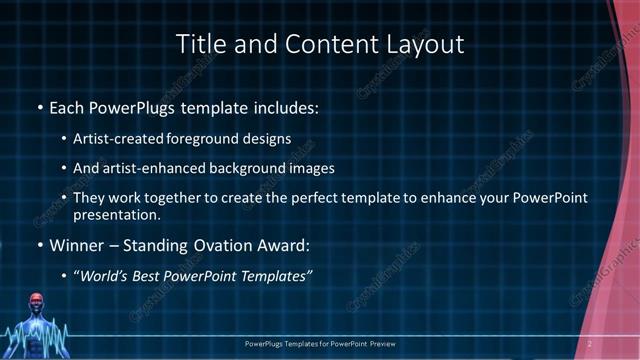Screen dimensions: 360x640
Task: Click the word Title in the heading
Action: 199,45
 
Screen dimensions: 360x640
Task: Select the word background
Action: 242,168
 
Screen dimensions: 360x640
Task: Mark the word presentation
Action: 117,214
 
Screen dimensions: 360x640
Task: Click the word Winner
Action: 80,244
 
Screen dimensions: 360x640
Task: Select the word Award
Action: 288,244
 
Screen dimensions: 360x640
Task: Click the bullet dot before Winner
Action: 39,245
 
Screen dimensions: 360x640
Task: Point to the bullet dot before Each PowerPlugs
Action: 39,106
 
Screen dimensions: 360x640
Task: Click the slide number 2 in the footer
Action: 590,343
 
